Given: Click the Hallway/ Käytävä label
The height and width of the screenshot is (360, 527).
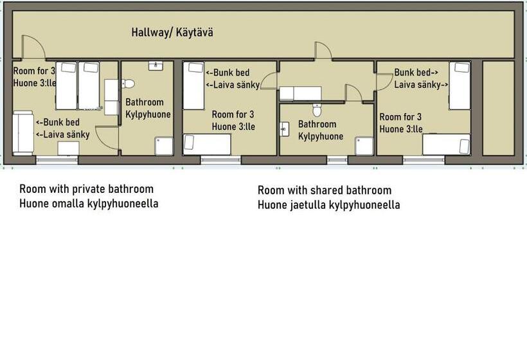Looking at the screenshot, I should [x=172, y=32].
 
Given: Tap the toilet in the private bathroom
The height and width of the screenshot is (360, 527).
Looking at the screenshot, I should [x=129, y=84].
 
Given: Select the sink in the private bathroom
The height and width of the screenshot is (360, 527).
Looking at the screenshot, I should [x=154, y=66].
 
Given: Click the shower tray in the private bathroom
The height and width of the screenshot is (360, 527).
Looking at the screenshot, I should [x=164, y=146].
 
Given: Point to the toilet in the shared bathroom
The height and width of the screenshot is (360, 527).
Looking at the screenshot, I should [x=316, y=110].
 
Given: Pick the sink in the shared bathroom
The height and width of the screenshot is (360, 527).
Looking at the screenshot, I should [x=285, y=130].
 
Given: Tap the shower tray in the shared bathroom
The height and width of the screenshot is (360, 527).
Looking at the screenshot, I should [x=364, y=146].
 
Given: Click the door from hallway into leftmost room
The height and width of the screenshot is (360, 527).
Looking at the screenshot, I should [x=33, y=49].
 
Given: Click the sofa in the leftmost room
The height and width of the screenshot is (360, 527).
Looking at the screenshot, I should [x=22, y=132].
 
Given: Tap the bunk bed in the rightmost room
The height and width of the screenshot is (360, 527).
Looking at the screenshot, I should [x=460, y=85].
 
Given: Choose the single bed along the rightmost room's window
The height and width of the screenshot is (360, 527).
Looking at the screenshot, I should [x=447, y=145].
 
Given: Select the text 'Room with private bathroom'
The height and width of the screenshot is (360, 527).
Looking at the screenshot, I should [x=86, y=189].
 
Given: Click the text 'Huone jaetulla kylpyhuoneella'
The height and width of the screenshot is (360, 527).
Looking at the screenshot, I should [x=328, y=205].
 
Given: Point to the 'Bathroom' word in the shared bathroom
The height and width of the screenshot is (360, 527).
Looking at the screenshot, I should [x=317, y=124].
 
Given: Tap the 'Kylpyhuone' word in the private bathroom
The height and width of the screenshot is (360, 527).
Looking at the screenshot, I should [x=148, y=114].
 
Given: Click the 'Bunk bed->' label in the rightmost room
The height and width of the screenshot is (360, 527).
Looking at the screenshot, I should [x=416, y=73].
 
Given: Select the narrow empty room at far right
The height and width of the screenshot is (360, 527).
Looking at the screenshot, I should [x=498, y=108].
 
